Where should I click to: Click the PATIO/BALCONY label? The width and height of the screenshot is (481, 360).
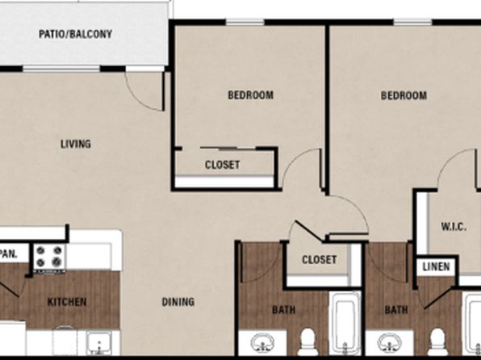(x=76, y=34)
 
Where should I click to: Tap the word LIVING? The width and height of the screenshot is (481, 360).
(x=76, y=144)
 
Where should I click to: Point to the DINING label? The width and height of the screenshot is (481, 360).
(x=178, y=302)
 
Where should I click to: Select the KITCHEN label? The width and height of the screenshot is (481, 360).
(x=67, y=302)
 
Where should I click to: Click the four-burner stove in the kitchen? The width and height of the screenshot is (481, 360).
(x=49, y=257)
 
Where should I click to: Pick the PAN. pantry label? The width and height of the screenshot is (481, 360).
(x=9, y=254)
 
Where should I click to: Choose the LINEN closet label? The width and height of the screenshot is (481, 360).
(x=437, y=266)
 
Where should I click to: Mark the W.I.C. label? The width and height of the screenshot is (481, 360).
(x=454, y=227)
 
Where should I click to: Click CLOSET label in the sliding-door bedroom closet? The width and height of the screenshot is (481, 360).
(x=223, y=165)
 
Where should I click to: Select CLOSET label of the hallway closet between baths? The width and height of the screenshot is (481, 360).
(x=320, y=260)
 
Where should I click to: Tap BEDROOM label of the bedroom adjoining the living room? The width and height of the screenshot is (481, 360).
(x=251, y=95)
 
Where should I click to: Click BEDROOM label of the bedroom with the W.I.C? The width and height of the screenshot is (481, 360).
(x=404, y=96)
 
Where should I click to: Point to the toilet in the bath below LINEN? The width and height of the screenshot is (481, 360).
(x=437, y=342)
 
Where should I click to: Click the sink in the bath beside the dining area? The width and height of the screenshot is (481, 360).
(x=262, y=343)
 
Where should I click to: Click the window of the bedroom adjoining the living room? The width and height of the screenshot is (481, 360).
(x=245, y=22)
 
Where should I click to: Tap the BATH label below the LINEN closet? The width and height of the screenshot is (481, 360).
(x=396, y=310)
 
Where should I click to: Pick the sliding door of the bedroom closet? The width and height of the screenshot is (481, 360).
(x=228, y=149)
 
